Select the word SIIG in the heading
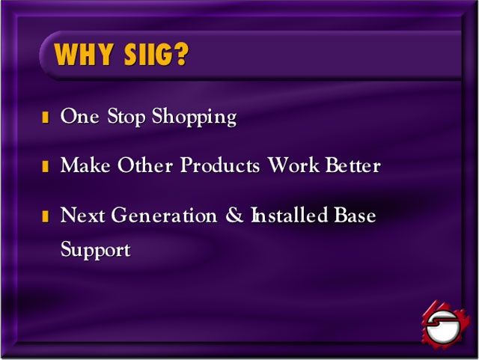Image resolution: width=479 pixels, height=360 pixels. click(150, 54)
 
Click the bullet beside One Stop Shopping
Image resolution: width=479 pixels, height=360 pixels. click(45, 118)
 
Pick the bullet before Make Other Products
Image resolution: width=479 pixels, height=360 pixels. click(45, 166)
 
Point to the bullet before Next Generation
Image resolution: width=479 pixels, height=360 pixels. click(45, 216)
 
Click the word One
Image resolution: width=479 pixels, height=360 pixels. click(80, 116)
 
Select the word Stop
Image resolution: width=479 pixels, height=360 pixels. click(126, 117)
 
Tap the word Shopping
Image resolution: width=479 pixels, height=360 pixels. click(195, 117)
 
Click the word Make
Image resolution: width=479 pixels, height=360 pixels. click(85, 165)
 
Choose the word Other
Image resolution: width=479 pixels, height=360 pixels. click(145, 165)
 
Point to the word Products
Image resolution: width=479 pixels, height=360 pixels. click(220, 165)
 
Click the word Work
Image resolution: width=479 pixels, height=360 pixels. click(293, 165)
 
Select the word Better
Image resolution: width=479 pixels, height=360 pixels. click(353, 165)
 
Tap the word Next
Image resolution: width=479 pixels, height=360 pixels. click(83, 215)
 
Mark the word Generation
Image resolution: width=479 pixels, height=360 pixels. click(165, 215)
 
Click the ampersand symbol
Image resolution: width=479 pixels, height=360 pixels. click(234, 215)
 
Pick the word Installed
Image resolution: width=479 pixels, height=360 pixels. click(290, 215)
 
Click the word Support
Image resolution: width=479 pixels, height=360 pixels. click(96, 250)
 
